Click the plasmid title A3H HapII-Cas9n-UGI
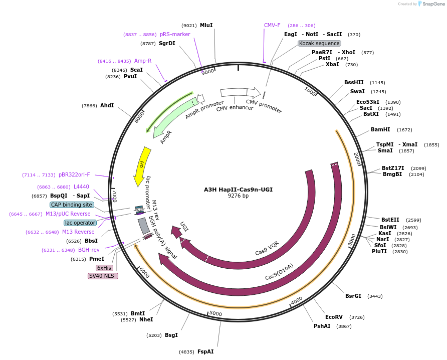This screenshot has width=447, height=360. click(x=238, y=190)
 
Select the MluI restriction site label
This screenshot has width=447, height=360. click(x=206, y=25)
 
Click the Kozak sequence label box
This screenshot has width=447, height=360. click(x=319, y=44)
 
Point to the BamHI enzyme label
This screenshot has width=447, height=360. click(x=380, y=129)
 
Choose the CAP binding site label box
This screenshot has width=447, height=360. click(x=72, y=205)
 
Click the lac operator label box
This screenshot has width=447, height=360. click(x=80, y=223)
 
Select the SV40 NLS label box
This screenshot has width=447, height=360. click(x=103, y=276)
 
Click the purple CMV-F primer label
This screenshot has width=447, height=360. click(x=272, y=25)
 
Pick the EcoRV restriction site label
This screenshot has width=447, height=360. click(x=334, y=317)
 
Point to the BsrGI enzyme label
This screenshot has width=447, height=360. click(x=353, y=296)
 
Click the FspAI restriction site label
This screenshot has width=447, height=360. click(x=205, y=351)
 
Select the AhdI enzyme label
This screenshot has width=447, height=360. click(x=107, y=105)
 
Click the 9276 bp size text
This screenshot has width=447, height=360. click(x=238, y=196)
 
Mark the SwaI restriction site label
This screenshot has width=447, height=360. click(x=358, y=91)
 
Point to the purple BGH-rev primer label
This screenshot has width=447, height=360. click(x=89, y=250)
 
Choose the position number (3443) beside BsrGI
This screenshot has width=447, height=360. click(x=375, y=296)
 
